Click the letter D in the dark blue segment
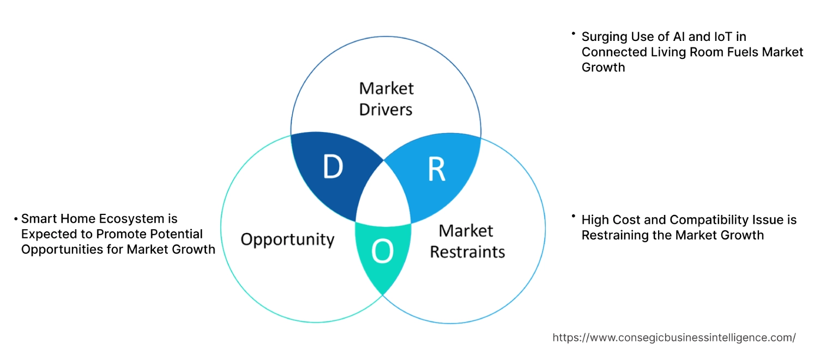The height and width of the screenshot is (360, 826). coord(332,167)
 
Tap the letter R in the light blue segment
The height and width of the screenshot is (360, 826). coord(436,170)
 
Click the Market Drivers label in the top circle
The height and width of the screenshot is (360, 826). coord(386,99)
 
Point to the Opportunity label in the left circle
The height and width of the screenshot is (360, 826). coord(287,239)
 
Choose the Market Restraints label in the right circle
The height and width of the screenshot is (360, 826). coord(467,241)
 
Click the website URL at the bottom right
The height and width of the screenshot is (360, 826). coord(674,338)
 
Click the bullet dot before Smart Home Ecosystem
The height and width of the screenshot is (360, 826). coord(16,219)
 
